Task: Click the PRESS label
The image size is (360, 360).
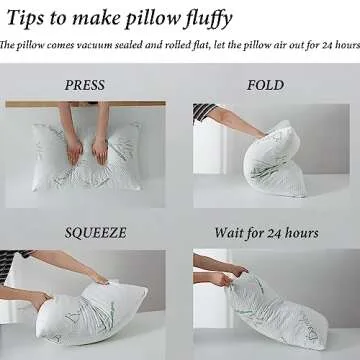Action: pos(85,85)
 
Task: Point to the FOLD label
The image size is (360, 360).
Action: pos(265,85)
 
